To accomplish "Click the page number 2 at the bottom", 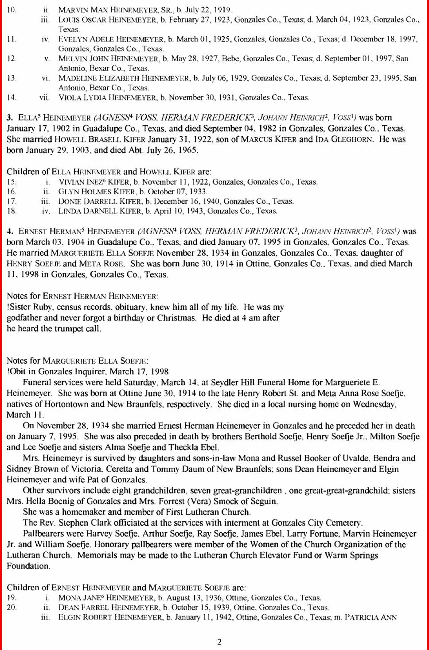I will [x=219, y=642].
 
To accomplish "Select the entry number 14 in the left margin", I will [x=12, y=97].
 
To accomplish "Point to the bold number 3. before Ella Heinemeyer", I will [x=10, y=118].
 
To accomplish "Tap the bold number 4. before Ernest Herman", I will [x=10, y=231].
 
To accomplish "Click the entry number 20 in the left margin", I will [x=12, y=608].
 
